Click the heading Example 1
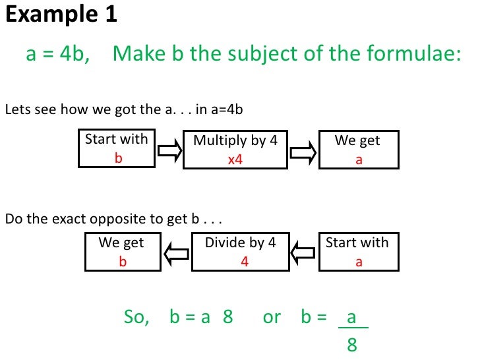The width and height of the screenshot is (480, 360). click(x=61, y=14)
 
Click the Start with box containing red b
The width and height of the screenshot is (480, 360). click(x=117, y=149)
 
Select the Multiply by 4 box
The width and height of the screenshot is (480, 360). click(x=235, y=150)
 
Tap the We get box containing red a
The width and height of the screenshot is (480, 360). click(x=358, y=150)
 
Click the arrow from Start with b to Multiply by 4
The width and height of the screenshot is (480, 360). click(x=169, y=152)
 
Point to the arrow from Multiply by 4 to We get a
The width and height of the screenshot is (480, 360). click(x=303, y=152)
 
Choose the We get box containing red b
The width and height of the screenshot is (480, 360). click(x=121, y=251)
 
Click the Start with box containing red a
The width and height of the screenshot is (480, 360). click(x=357, y=251)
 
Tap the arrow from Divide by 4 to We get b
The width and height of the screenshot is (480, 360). click(x=177, y=253)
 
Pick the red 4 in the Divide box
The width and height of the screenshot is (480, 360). click(x=245, y=261)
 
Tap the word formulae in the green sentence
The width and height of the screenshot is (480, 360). click(x=411, y=53)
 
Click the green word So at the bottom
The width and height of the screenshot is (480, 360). click(x=136, y=317)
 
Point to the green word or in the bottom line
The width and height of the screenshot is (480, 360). click(x=272, y=317)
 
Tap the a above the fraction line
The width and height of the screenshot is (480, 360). click(x=351, y=317)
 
